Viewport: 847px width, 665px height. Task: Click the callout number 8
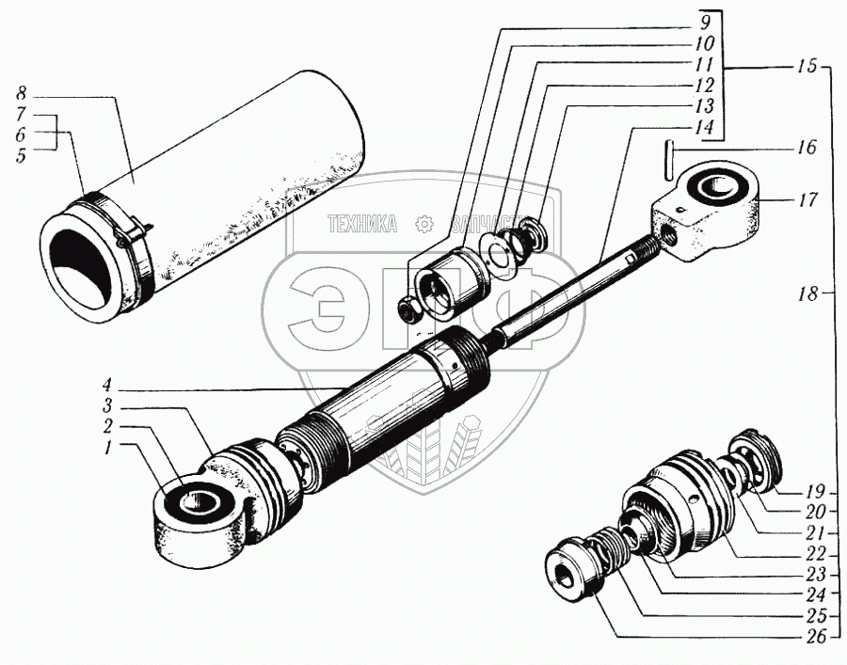pos(21,94)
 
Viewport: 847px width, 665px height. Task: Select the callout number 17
pos(807,199)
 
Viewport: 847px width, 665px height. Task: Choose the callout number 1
pos(109,449)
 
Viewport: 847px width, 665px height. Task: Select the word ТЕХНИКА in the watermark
pos(361,224)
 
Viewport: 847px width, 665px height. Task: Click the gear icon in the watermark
pos(423,224)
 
